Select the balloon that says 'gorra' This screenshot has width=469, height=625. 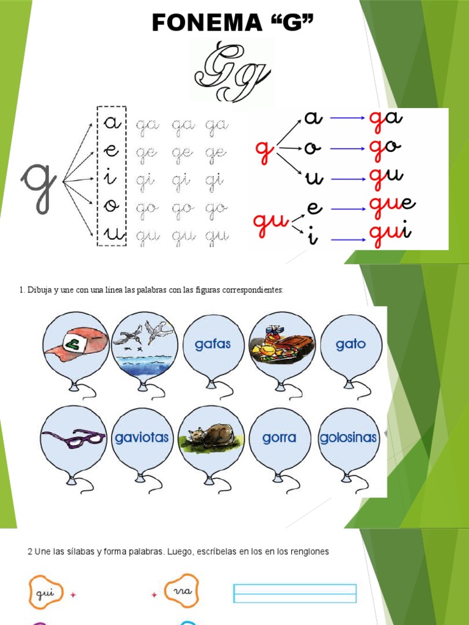[278, 438]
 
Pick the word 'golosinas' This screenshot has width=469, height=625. [349, 438]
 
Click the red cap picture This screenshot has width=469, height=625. [76, 345]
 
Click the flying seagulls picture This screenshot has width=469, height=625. [144, 342]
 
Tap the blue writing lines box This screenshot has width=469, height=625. [295, 593]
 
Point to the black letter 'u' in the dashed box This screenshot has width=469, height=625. [112, 234]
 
